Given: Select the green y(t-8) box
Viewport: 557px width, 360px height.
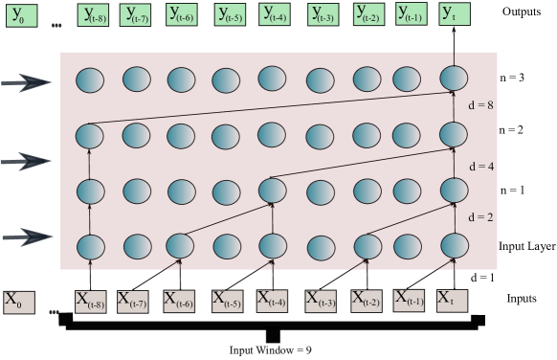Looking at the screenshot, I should pyautogui.click(x=94, y=15).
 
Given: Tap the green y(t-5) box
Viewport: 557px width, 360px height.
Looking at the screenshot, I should pyautogui.click(x=230, y=14).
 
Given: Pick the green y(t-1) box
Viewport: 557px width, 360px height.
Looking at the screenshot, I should pyautogui.click(x=412, y=14).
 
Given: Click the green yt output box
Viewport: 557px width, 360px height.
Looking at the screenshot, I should pyautogui.click(x=454, y=13).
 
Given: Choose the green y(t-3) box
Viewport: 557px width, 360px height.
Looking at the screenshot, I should pyautogui.click(x=323, y=14).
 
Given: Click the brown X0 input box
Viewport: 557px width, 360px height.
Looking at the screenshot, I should pyautogui.click(x=18, y=303).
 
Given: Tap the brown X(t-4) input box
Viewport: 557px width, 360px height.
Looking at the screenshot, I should pyautogui.click(x=273, y=302).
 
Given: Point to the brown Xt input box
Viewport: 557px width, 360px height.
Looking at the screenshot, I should pyautogui.click(x=452, y=301).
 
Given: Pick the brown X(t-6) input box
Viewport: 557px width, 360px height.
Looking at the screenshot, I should pyautogui.click(x=179, y=302).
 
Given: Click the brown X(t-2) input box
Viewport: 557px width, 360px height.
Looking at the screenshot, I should pyautogui.click(x=367, y=302).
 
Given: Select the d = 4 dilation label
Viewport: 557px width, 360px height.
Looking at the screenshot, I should pyautogui.click(x=481, y=167).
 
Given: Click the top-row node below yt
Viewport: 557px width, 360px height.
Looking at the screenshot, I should pyautogui.click(x=454, y=78).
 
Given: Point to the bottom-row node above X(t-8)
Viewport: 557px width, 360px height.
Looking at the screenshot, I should pyautogui.click(x=90, y=246).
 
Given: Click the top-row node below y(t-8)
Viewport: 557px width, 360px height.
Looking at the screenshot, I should pyautogui.click(x=90, y=79).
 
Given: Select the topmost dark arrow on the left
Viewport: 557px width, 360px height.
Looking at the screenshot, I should pyautogui.click(x=27, y=83).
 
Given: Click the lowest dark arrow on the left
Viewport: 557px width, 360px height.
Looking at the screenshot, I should pyautogui.click(x=27, y=236).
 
